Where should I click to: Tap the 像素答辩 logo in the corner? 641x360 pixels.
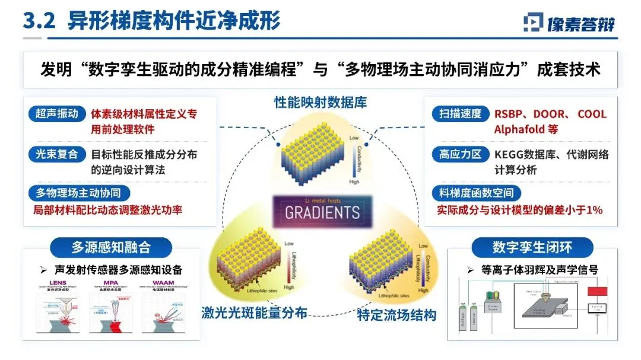(x=569, y=23)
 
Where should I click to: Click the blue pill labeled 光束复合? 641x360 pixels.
(x=57, y=154)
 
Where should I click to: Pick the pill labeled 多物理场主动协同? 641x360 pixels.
(x=79, y=193)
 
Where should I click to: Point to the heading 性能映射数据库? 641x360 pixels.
(x=320, y=102)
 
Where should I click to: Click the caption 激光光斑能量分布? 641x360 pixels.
(x=254, y=313)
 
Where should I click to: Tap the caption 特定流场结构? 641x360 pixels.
(x=396, y=314)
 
